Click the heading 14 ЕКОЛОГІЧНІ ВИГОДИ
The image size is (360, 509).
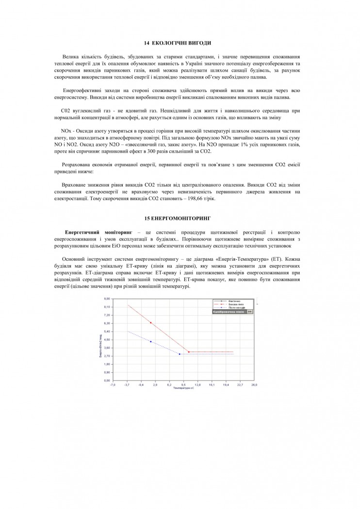(x=180, y=44)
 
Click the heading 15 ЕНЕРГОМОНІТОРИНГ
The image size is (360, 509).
(x=180, y=214)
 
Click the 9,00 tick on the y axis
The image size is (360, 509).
(x=108, y=299)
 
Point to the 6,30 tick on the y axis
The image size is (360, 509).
(x=108, y=323)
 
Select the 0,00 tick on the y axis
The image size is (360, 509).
(x=108, y=381)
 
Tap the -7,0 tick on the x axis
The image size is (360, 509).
(x=113, y=385)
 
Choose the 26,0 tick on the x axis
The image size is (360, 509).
(x=254, y=385)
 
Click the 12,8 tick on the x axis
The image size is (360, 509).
(x=197, y=385)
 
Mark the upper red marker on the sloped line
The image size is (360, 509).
(x=150, y=323)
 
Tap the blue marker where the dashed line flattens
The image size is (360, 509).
(x=179, y=354)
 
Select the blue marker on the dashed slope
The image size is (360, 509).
(x=150, y=342)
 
